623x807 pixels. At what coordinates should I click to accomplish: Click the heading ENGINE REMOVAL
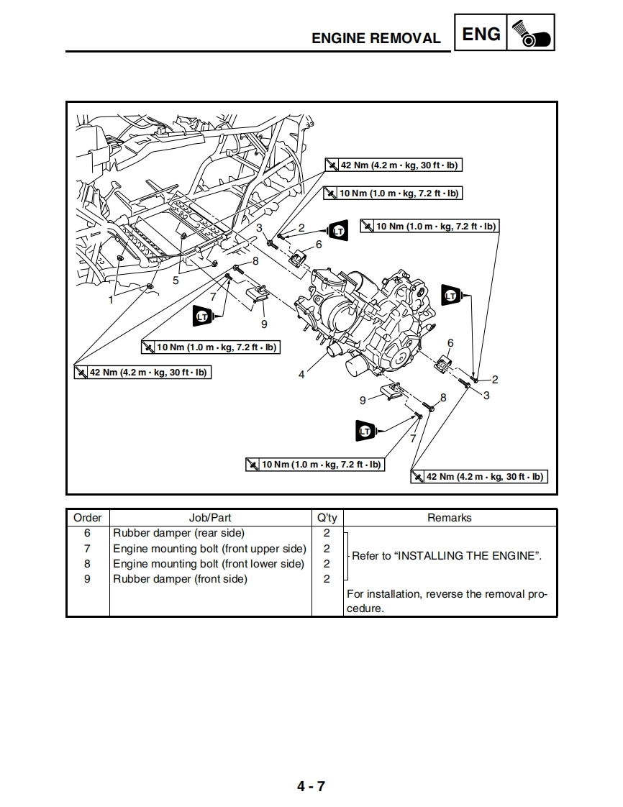[376, 38]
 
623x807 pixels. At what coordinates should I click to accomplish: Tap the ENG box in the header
[481, 34]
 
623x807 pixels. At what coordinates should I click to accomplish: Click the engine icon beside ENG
[531, 34]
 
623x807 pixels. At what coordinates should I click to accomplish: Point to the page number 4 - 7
[311, 786]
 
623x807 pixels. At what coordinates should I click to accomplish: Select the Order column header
[88, 518]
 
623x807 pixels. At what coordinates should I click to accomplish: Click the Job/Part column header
[210, 518]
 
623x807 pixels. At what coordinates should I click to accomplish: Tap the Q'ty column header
[327, 518]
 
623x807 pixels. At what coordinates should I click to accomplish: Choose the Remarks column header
[450, 518]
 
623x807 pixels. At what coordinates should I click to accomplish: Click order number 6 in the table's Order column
[88, 533]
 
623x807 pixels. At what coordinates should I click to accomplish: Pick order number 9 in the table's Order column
[88, 579]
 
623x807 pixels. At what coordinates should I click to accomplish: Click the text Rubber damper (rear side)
[178, 533]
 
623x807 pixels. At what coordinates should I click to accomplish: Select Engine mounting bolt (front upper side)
[209, 549]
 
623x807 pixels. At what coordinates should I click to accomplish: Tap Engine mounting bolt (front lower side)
[209, 564]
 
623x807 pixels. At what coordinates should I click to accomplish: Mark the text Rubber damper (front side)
[180, 579]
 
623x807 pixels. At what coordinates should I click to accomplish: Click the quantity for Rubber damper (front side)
[327, 579]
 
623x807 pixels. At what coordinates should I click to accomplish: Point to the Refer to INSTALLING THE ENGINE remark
[446, 556]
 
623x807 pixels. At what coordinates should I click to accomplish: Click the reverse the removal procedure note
[447, 601]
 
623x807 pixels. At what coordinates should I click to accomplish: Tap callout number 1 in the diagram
[111, 301]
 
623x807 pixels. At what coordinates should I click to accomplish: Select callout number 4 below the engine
[301, 375]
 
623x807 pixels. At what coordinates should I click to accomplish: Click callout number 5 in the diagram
[176, 281]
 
